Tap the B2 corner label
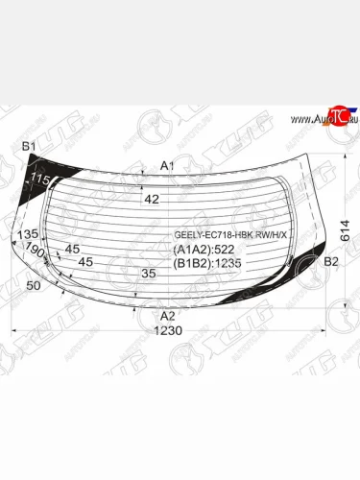pyautogui.click(x=332, y=261)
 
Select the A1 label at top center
pyautogui.click(x=167, y=166)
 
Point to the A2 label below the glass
pyautogui.click(x=167, y=316)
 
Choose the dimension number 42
pyautogui.click(x=152, y=200)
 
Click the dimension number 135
pyautogui.click(x=28, y=234)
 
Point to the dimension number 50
pyautogui.click(x=34, y=286)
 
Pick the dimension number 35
pyautogui.click(x=148, y=274)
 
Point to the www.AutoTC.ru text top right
pyautogui.click(x=316, y=119)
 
